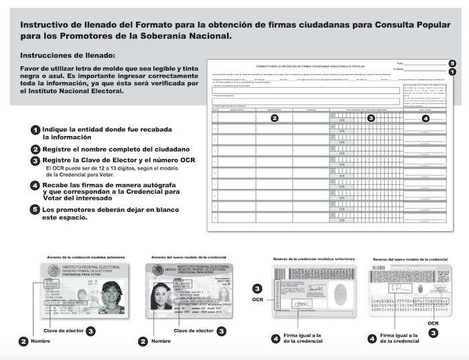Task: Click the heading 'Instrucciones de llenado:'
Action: coord(68,55)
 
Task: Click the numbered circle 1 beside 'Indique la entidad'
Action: coord(35,129)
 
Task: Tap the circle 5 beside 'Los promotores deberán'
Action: coord(35,209)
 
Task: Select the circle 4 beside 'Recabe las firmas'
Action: coord(35,184)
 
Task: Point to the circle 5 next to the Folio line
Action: coord(452,63)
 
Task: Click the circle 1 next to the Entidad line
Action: coord(452,71)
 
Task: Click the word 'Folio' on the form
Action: coord(400,62)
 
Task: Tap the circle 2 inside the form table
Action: coord(274,118)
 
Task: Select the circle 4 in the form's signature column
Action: coord(425,118)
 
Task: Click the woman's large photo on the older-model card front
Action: coord(113,292)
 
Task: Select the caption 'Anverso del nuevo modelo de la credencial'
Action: coord(189,257)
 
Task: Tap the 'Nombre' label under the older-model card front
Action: coord(41,341)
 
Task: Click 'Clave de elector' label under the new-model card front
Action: coord(194,331)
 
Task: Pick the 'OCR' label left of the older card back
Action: coord(257,300)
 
